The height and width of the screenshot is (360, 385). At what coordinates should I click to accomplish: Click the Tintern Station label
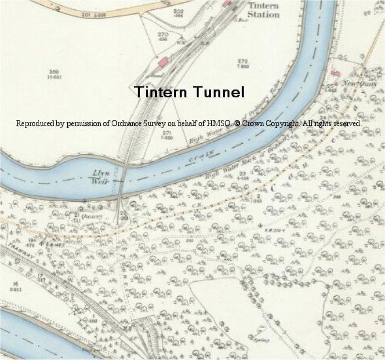coord(263,10)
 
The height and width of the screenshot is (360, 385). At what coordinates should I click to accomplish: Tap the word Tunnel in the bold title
coord(217,92)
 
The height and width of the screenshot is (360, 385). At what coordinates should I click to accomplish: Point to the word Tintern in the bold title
coord(160,92)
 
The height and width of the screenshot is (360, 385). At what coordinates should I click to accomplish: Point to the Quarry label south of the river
coord(92,217)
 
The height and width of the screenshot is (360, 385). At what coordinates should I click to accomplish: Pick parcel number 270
coord(163,34)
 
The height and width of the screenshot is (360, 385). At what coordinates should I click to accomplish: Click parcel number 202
coord(178,11)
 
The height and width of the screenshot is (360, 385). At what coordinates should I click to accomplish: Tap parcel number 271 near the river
coord(167,133)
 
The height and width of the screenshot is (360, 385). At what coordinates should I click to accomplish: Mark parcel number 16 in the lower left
coord(15,283)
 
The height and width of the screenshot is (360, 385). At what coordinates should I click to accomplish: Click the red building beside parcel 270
coord(163,61)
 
